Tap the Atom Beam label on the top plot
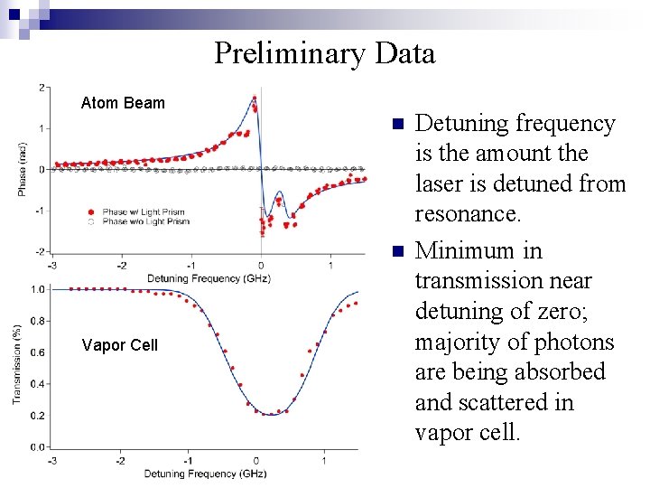pyautogui.click(x=123, y=103)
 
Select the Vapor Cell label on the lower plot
pyautogui.click(x=119, y=345)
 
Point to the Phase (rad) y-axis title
pyautogui.click(x=22, y=169)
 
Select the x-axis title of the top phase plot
pyautogui.click(x=208, y=277)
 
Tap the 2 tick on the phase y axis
pyautogui.click(x=43, y=87)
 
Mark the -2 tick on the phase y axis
pyautogui.click(x=42, y=251)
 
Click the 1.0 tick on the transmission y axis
pyautogui.click(x=39, y=289)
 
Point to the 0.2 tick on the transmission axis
pyautogui.click(x=39, y=415)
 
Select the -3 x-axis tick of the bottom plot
pyautogui.click(x=52, y=460)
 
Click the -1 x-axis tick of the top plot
pyautogui.click(x=190, y=265)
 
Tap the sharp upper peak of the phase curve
pyautogui.click(x=255, y=98)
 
